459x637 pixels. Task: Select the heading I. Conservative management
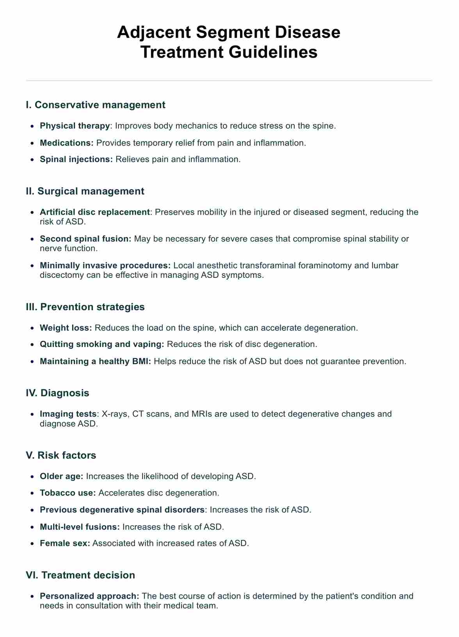[96, 105]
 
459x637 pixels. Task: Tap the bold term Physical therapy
[75, 126]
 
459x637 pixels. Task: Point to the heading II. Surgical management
[85, 191]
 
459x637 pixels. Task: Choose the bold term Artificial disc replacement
[95, 212]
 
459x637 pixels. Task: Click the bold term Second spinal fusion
[85, 239]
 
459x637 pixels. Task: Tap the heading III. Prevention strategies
[85, 307]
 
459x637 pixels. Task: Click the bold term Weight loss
[66, 328]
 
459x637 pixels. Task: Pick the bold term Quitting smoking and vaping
[103, 344]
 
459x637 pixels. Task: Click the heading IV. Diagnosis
[57, 393]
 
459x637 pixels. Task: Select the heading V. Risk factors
[61, 455]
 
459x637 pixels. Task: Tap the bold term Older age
[61, 476]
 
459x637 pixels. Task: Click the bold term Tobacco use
[68, 493]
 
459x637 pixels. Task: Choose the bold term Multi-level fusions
[80, 527]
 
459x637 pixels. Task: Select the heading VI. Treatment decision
[80, 575]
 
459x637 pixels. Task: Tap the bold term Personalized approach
[89, 596]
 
